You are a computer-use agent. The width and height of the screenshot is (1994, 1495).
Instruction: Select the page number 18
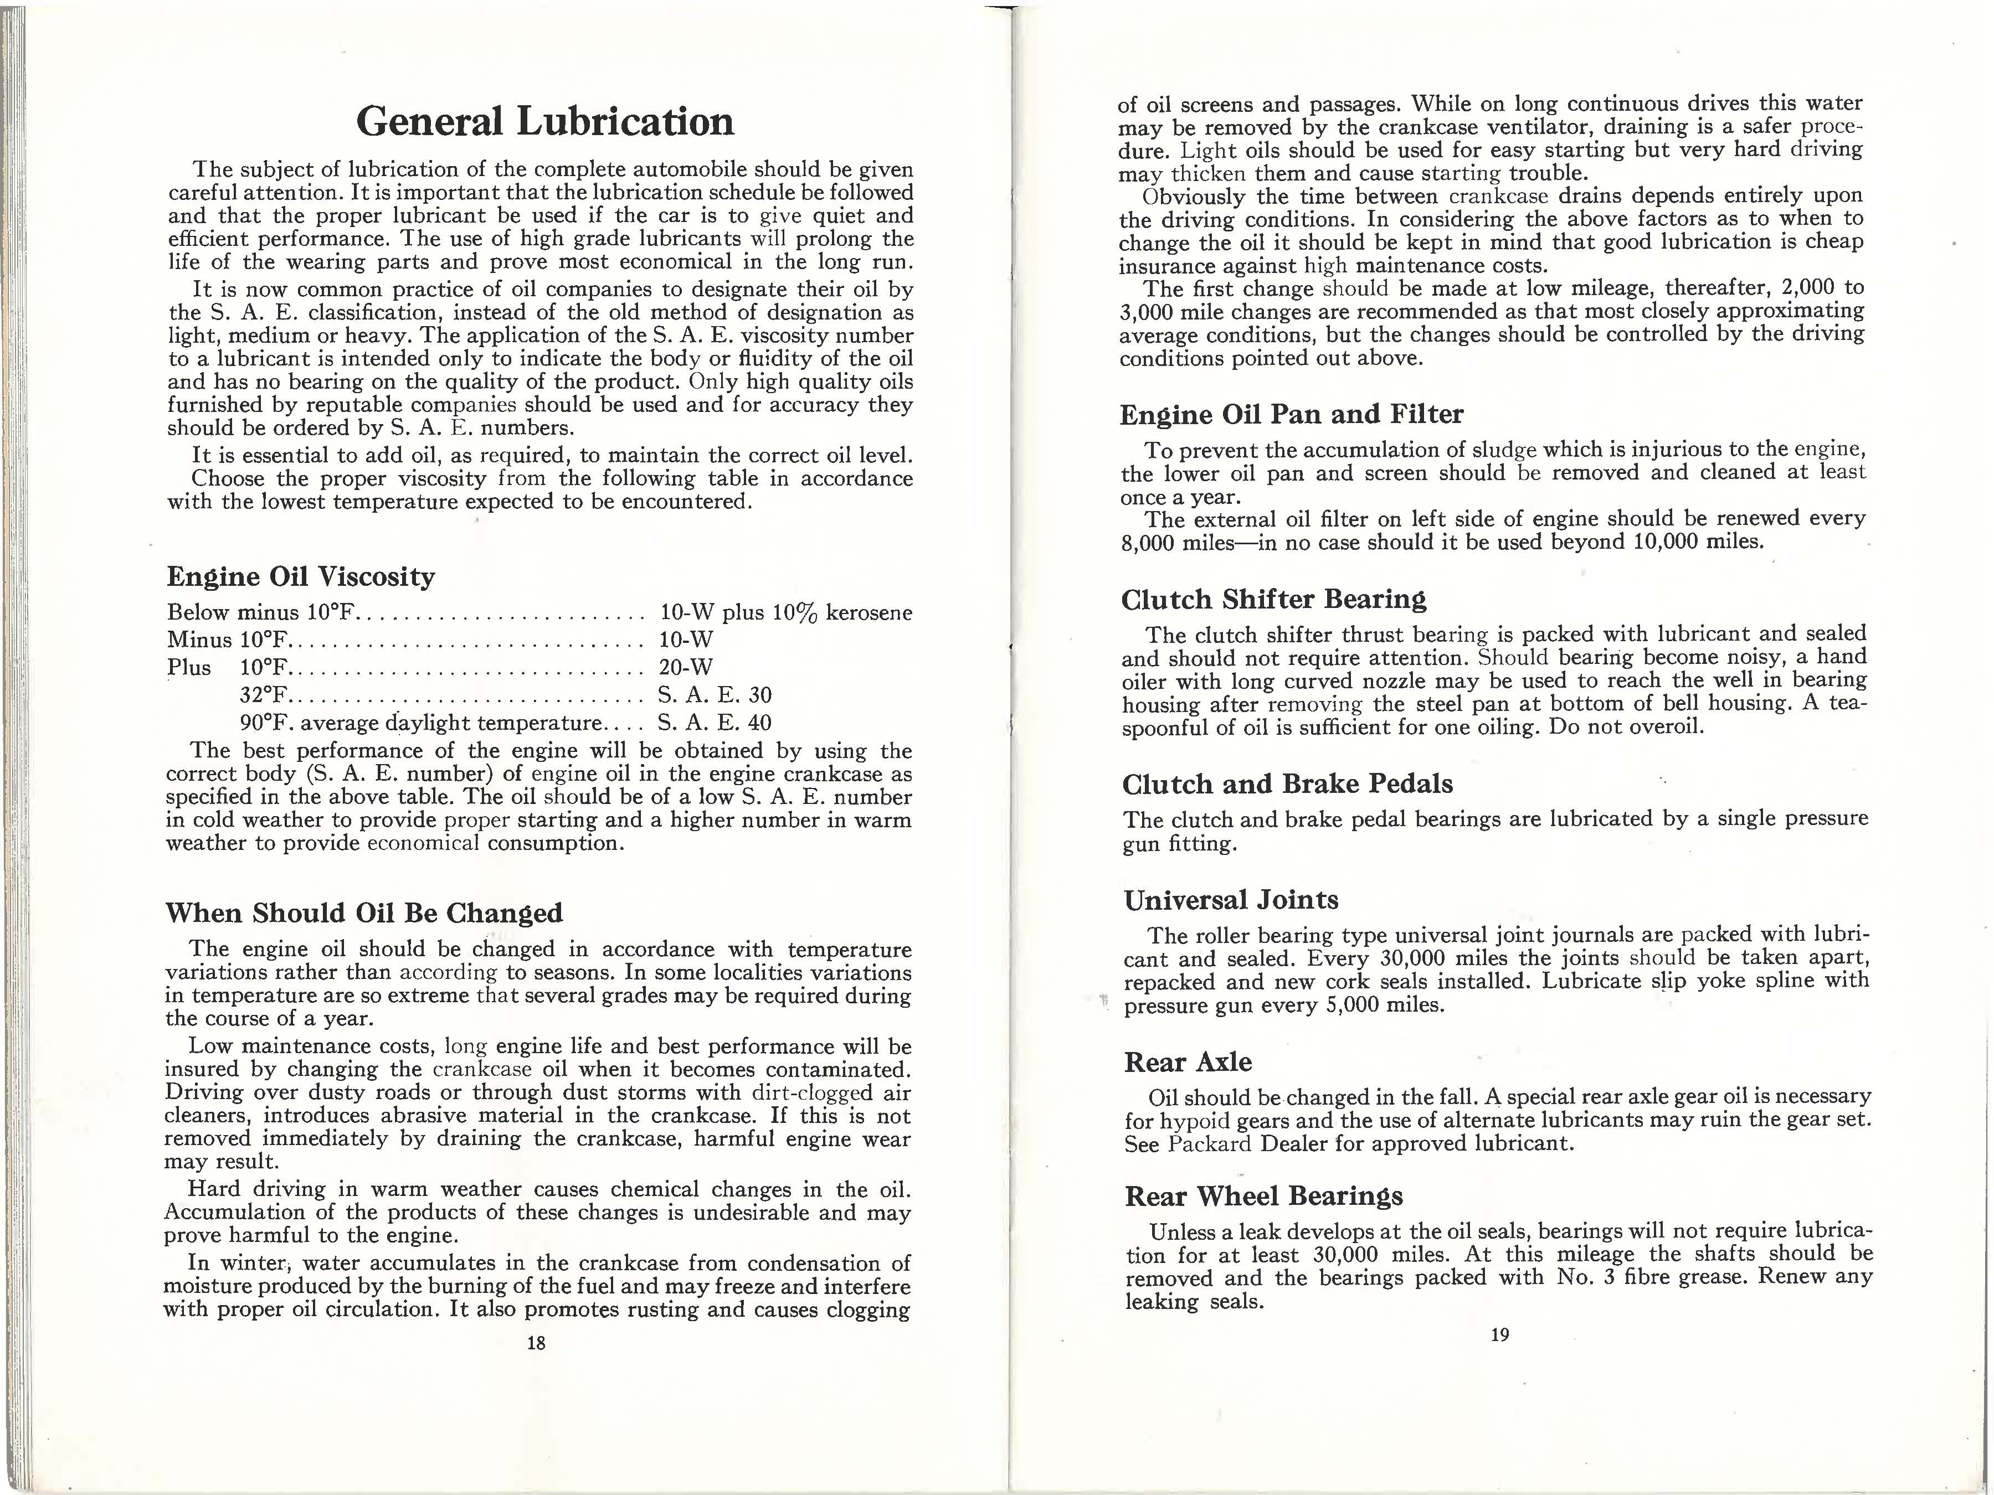coord(536,1343)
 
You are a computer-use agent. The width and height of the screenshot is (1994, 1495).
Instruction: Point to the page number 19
coord(1499,1334)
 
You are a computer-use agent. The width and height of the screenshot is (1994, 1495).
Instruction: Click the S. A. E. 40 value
coord(715,723)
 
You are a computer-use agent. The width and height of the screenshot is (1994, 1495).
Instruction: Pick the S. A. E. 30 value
coord(716,695)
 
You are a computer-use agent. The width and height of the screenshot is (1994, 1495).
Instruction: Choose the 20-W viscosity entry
coord(686,667)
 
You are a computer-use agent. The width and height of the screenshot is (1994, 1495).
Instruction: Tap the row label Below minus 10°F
coord(263,613)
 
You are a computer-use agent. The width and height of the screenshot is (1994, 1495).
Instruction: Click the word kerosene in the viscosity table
coord(869,613)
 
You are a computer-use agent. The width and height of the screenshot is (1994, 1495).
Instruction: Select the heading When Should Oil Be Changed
coord(364,913)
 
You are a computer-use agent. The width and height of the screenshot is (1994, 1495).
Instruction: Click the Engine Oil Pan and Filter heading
coord(1291,415)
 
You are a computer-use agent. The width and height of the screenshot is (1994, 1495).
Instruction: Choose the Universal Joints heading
coord(1231,899)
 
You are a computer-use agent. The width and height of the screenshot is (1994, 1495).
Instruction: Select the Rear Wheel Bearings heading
coord(1264,1196)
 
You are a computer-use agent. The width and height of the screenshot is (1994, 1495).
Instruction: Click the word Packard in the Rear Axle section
coord(1210,1145)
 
